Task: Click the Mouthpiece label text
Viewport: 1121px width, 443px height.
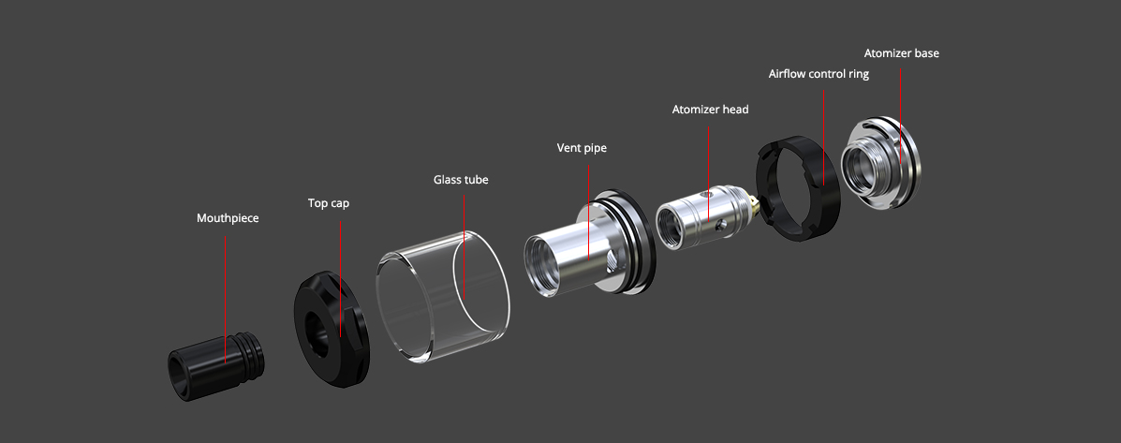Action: click(x=228, y=218)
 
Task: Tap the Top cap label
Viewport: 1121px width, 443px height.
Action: click(x=328, y=203)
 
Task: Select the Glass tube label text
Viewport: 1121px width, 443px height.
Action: click(x=461, y=179)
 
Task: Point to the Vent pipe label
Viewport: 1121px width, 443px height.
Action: click(x=582, y=148)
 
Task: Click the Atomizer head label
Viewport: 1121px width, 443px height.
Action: click(x=710, y=110)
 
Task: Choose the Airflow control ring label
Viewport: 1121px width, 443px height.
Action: click(x=819, y=74)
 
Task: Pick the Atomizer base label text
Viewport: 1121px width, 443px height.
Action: click(x=902, y=52)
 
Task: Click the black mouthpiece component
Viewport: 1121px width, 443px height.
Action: click(x=216, y=365)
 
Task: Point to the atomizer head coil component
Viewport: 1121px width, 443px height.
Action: click(x=704, y=218)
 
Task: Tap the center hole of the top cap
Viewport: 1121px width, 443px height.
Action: click(x=317, y=333)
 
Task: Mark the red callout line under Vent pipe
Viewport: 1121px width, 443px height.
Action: click(x=588, y=213)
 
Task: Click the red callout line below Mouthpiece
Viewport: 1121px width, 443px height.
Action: click(x=225, y=300)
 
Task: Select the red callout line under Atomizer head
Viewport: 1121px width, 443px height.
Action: click(x=709, y=173)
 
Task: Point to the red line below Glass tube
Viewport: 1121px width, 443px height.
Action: click(x=464, y=246)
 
